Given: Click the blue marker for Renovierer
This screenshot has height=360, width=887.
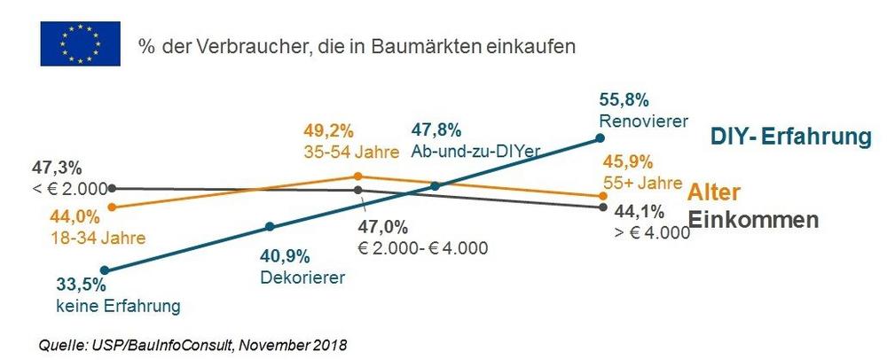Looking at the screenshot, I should coord(600,137).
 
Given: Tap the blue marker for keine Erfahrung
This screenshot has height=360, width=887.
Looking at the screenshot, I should coord(106,270).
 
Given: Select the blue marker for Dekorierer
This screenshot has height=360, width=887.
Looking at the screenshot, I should coord(270,224).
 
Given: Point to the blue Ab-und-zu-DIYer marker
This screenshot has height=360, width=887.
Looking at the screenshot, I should coord(436,186).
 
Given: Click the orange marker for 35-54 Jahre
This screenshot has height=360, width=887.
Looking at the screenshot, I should coord(357,176).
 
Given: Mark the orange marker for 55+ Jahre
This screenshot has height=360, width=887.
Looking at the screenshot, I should coord(603,196).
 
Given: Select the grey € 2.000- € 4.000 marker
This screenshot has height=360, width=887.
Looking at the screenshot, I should coord(357,190).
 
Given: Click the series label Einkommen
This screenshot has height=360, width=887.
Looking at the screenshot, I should coord(753,220).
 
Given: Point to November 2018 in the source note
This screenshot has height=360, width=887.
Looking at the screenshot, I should coord(298,342).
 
